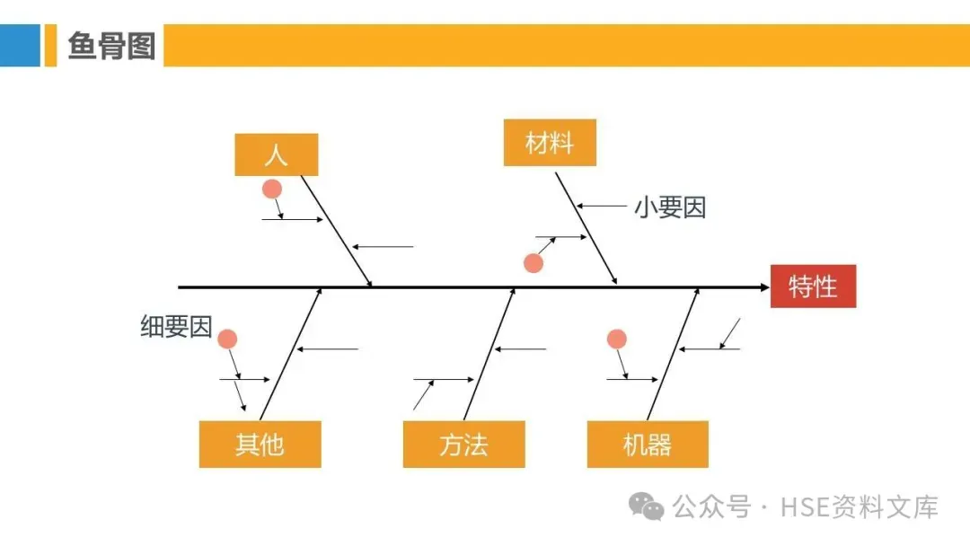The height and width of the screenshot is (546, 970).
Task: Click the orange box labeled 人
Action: (276, 154)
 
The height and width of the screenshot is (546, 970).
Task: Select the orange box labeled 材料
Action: (549, 143)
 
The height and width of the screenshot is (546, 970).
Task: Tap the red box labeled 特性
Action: (813, 286)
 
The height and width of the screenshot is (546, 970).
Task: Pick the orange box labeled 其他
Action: (260, 444)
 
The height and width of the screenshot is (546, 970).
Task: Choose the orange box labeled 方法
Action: (463, 444)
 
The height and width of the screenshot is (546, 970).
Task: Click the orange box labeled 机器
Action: (647, 444)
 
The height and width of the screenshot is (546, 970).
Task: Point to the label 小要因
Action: (670, 207)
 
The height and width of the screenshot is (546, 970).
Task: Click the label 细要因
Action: (176, 327)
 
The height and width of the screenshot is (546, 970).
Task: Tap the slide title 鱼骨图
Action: (111, 45)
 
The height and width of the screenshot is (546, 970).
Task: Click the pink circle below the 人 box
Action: (271, 189)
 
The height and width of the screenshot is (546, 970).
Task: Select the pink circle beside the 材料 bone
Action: (533, 263)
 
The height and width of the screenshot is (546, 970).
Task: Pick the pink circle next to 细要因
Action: (227, 339)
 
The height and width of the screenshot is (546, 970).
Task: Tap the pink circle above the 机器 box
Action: (616, 339)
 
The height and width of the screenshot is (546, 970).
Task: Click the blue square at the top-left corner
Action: (20, 45)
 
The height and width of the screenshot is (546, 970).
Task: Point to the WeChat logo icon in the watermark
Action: (647, 506)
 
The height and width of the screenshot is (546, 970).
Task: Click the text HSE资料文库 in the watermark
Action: (860, 506)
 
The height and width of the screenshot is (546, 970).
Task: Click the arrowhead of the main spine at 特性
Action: (764, 287)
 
